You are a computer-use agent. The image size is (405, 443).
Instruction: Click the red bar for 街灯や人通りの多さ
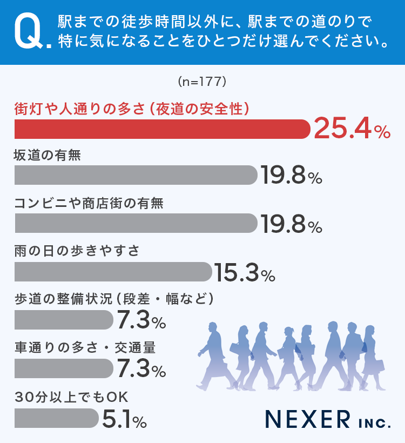pos(162,129)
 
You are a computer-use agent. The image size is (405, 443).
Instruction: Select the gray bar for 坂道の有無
pos(135,175)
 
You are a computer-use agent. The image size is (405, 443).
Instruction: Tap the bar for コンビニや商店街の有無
pos(135,223)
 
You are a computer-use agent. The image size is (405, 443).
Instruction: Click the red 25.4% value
pos(351,129)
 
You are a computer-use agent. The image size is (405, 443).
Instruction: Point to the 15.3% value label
pos(245,272)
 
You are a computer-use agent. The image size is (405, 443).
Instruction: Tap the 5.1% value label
pos(124,418)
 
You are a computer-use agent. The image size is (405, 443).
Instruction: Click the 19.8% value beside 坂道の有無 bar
pos(291,175)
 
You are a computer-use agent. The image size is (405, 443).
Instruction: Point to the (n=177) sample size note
pos(201,82)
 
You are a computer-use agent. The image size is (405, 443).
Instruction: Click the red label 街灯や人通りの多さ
pos(132,108)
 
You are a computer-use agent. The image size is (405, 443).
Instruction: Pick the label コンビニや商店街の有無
pos(89,203)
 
